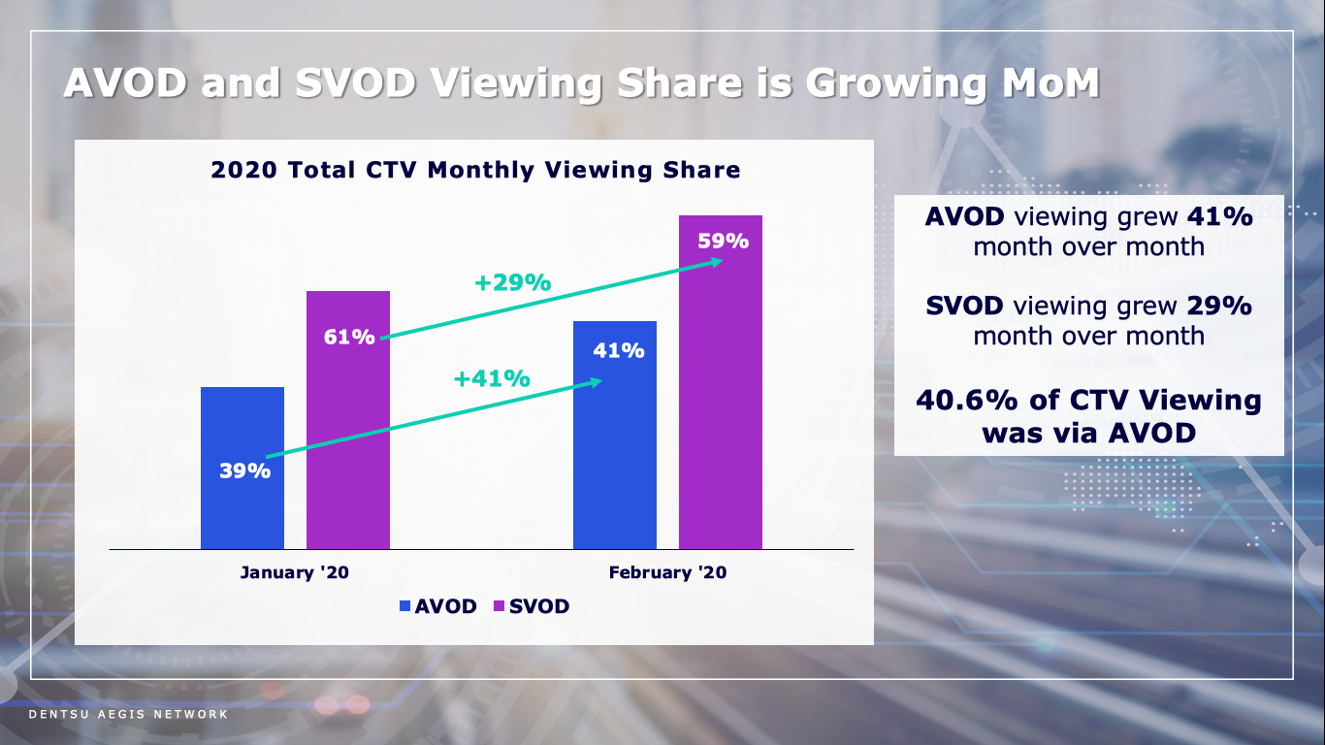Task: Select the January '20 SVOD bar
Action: point(347,437)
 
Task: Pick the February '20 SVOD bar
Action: point(720,407)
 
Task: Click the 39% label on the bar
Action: point(244,471)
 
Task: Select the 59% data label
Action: point(724,242)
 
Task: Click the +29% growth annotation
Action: point(512,283)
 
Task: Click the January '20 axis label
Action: point(294,572)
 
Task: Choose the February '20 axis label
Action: point(667,572)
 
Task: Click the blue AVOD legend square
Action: point(405,607)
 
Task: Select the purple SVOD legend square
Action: point(500,607)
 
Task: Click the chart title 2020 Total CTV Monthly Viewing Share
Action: point(475,171)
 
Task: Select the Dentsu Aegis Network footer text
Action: point(128,715)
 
